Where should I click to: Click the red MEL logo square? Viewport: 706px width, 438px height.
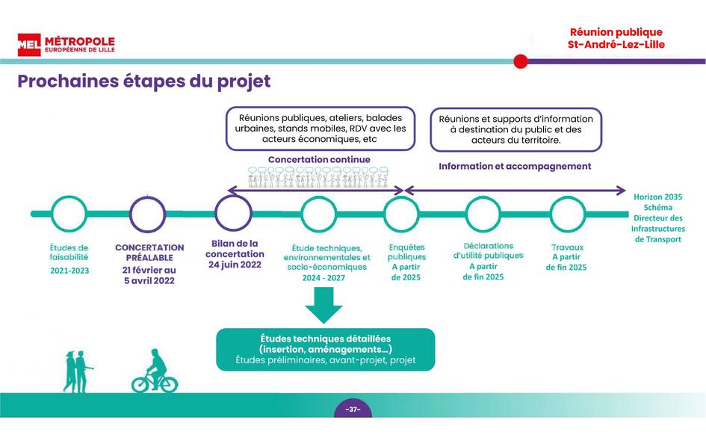click(x=29, y=45)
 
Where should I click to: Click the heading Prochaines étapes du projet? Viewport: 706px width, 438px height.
click(x=143, y=81)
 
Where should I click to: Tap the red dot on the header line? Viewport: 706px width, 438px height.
click(x=521, y=61)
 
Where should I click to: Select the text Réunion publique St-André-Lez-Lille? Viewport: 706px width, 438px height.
click(x=616, y=38)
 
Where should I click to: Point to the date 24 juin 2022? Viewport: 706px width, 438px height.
click(x=235, y=265)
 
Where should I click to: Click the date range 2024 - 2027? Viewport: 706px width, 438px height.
click(x=323, y=278)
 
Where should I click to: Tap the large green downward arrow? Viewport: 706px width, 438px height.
click(x=323, y=305)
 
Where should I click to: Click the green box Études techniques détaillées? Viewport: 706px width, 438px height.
click(x=326, y=350)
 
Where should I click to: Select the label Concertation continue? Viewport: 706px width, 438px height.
click(x=319, y=159)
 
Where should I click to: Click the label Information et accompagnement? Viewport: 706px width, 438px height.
click(x=515, y=166)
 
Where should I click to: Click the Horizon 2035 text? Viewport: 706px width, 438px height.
click(x=658, y=197)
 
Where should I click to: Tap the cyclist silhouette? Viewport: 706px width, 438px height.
click(x=155, y=371)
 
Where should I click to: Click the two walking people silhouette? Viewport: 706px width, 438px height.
click(x=78, y=371)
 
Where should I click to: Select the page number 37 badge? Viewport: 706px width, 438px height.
click(x=353, y=409)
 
